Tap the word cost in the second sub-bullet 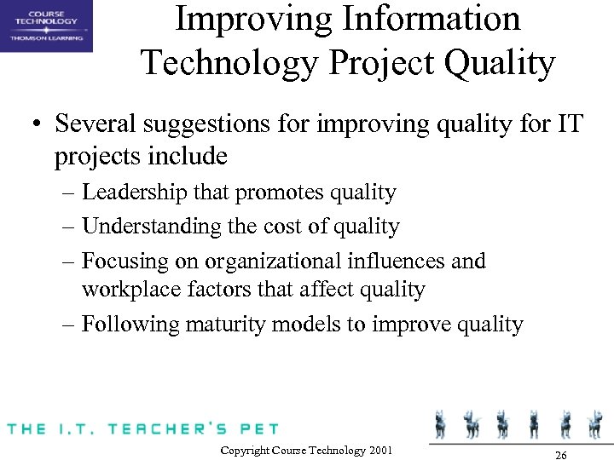(x=287, y=227)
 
